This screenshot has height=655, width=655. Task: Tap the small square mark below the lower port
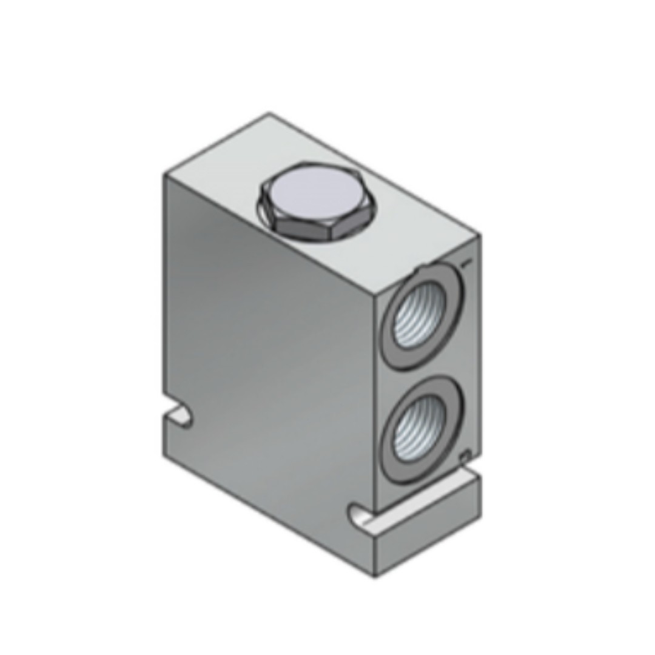click(x=465, y=455)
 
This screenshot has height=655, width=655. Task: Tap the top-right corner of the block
click(x=480, y=235)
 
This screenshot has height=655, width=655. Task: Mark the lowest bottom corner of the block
click(x=374, y=576)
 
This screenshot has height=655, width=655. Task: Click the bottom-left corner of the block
click(x=164, y=455)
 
